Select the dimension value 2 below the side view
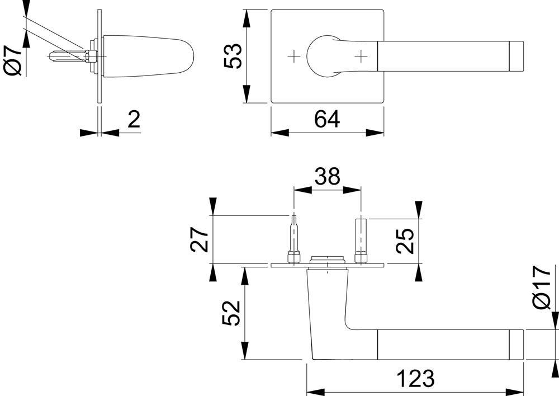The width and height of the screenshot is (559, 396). point(134,119)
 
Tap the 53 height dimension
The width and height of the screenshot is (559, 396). point(233,55)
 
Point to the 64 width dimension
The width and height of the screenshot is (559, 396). point(327,119)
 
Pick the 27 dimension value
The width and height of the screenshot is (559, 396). point(200,239)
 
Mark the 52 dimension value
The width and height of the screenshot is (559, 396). point(231,314)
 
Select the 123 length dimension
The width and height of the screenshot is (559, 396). point(416,379)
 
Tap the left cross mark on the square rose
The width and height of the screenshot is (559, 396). point(293,55)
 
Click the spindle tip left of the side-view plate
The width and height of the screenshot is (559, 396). point(59,56)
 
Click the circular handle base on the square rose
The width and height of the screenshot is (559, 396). point(322,55)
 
